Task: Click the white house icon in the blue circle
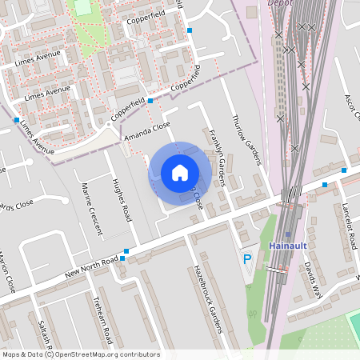(180, 172)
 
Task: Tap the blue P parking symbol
(247, 258)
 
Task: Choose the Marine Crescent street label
(92, 209)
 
